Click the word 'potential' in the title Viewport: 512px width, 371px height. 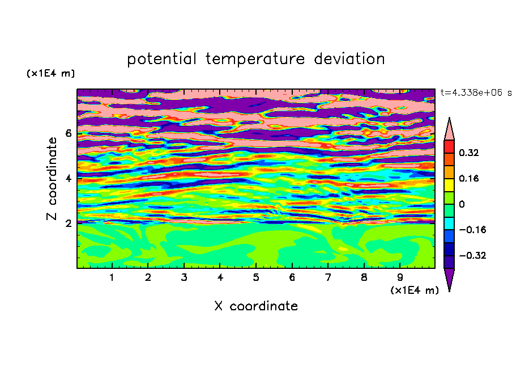[x=161, y=60]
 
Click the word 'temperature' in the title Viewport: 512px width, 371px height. [x=255, y=59]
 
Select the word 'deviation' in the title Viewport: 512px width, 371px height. [x=349, y=59]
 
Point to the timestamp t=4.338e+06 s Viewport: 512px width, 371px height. [x=476, y=92]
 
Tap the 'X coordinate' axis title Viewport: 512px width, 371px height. [x=256, y=306]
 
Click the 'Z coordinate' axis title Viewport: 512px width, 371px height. [x=52, y=179]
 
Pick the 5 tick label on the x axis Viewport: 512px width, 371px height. [x=256, y=277]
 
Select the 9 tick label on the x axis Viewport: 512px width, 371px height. [x=400, y=277]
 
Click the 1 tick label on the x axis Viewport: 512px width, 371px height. [x=112, y=277]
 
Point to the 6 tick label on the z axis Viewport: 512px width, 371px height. [x=68, y=133]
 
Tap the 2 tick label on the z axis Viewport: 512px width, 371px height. [x=68, y=224]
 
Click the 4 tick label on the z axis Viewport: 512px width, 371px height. [x=68, y=179]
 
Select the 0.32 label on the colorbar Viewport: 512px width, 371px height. [x=468, y=153]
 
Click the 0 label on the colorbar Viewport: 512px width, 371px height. [x=462, y=204]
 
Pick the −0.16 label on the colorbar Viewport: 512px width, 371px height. [x=472, y=230]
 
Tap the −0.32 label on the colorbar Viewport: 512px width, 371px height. [x=472, y=255]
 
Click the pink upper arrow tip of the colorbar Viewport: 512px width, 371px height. [x=449, y=117]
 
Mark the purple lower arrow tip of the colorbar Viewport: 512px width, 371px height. [x=449, y=291]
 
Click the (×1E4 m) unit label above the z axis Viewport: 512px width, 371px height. [x=50, y=73]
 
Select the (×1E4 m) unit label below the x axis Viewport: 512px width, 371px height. [x=415, y=290]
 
